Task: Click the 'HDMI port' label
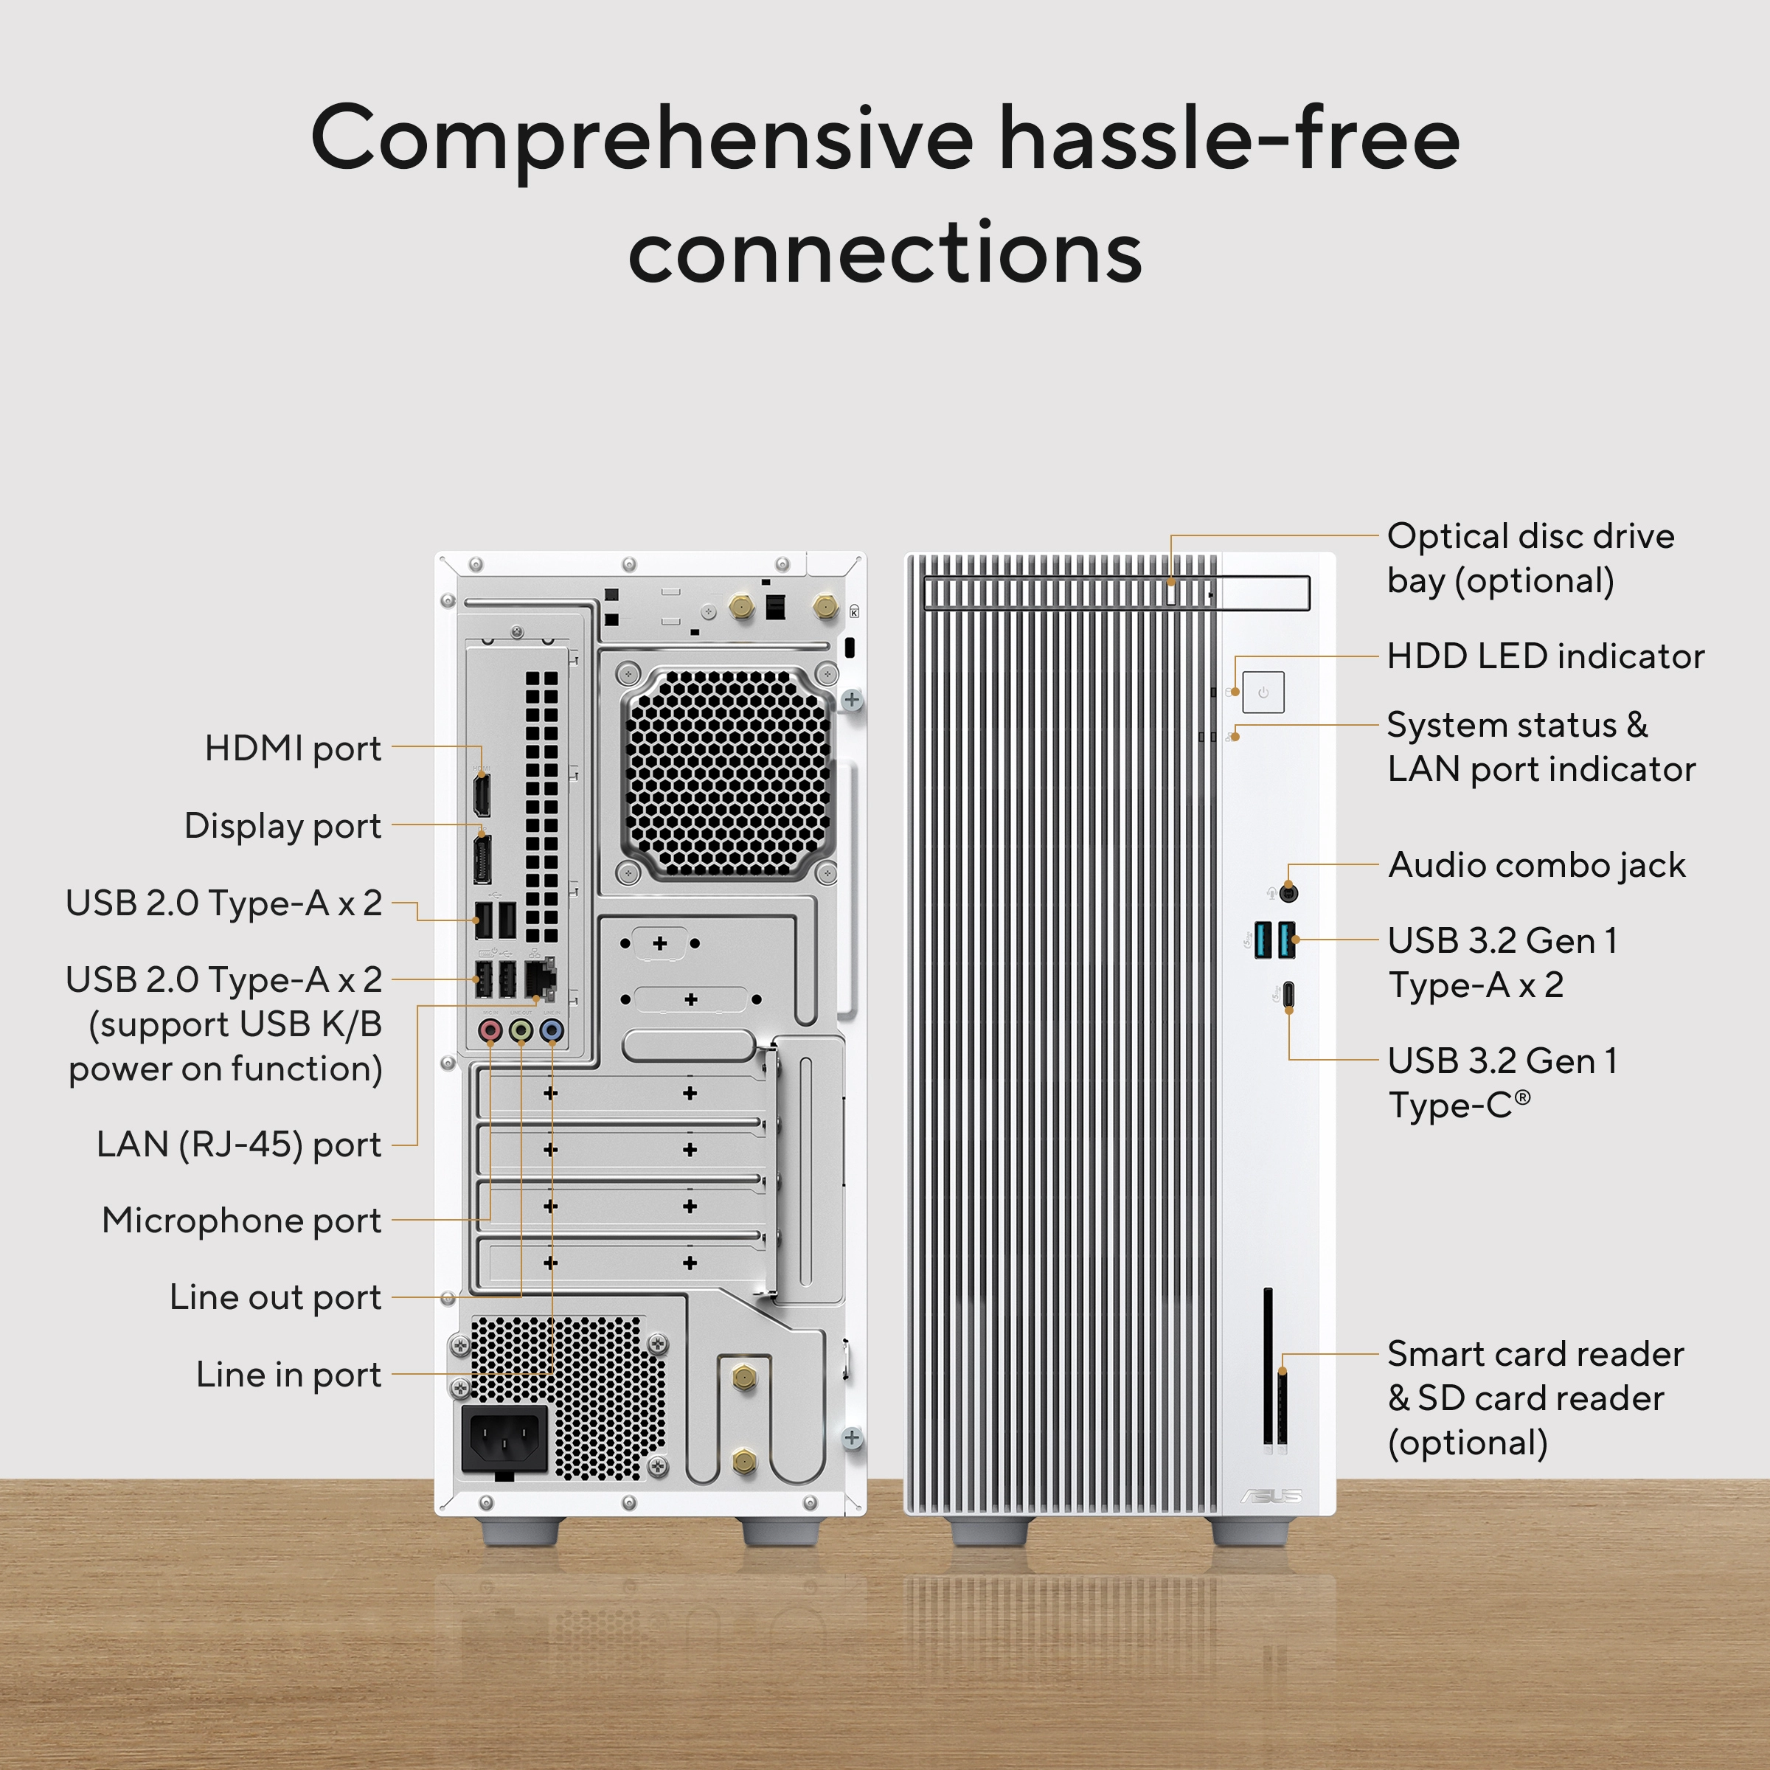coord(292,749)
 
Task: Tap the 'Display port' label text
coord(282,825)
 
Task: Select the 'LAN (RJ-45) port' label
coord(238,1145)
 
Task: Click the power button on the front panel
coord(1263,693)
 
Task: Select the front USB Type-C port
coord(1289,994)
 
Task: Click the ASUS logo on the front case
coord(1271,1496)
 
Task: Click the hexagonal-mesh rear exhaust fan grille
coord(727,772)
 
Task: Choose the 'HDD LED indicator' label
coord(1544,656)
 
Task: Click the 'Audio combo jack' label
coord(1536,865)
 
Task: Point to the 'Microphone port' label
coord(241,1221)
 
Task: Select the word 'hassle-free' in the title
coord(1229,139)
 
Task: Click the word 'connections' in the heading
coord(885,253)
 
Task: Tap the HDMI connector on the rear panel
coord(481,794)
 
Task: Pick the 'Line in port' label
coord(288,1374)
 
